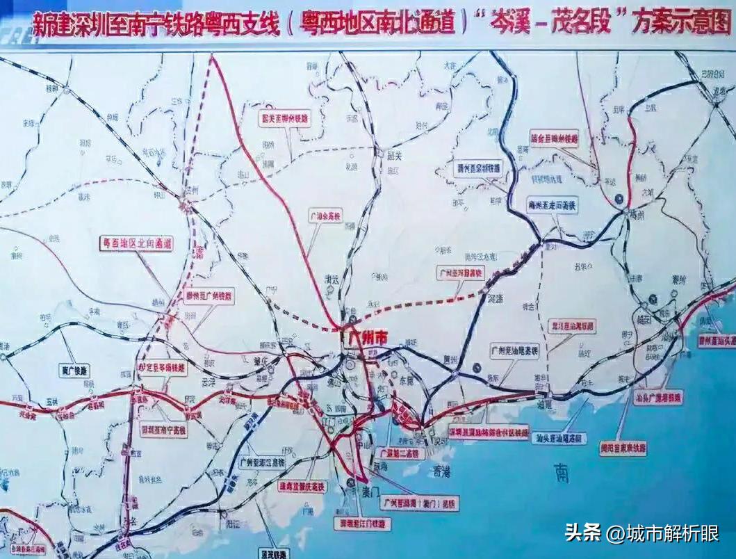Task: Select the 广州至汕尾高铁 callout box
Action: pos(515,350)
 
